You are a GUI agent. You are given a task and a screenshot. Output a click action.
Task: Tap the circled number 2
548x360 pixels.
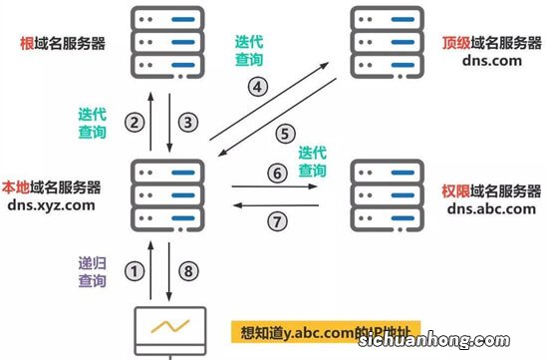click(x=134, y=123)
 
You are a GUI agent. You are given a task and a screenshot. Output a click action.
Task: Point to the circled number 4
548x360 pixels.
click(x=257, y=86)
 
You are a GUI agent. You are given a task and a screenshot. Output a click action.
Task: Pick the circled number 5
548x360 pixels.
click(x=285, y=133)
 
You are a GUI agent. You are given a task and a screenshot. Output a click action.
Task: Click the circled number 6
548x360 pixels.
click(x=276, y=172)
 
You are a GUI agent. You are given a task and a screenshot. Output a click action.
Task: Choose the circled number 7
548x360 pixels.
click(x=276, y=217)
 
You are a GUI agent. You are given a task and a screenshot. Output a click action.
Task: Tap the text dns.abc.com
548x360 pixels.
click(x=484, y=208)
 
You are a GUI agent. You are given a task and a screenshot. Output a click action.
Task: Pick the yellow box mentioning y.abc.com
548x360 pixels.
click(x=326, y=330)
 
